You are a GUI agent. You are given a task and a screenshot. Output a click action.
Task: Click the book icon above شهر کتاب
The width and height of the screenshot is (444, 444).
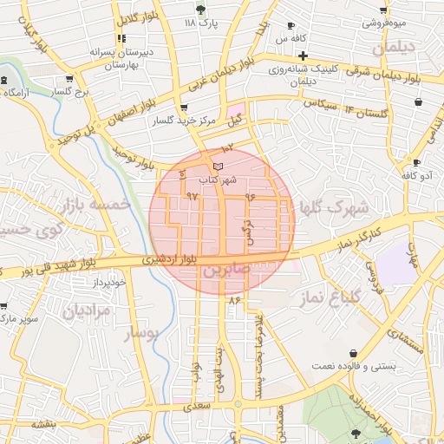click(x=218, y=166)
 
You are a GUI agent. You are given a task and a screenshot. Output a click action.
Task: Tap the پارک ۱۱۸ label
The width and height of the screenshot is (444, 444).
click(x=201, y=23)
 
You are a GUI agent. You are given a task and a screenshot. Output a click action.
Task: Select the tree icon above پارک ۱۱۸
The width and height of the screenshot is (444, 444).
click(x=201, y=10)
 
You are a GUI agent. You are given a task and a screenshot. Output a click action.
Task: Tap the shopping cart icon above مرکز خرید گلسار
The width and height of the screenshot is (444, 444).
click(x=182, y=108)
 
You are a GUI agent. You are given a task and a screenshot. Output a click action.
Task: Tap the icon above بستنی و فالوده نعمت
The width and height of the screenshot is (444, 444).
click(x=356, y=353)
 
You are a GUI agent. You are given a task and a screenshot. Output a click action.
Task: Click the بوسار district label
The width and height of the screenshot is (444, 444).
click(x=140, y=334)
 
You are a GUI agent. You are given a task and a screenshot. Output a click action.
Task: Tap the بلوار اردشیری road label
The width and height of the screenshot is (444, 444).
click(x=179, y=258)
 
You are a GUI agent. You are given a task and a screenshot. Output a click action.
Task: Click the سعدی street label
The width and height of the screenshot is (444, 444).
click(x=199, y=405)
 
